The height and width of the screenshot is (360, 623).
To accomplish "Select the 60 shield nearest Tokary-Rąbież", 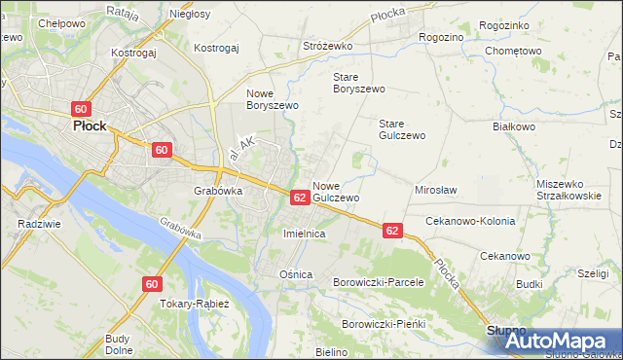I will [150, 284].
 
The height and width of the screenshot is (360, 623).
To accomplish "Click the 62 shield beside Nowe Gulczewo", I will [300, 198].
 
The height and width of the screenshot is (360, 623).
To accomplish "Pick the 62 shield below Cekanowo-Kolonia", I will [391, 231].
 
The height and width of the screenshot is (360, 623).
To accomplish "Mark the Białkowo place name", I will [515, 126].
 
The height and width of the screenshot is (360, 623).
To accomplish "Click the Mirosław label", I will [436, 191].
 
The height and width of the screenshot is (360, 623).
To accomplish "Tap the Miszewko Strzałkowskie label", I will [572, 190].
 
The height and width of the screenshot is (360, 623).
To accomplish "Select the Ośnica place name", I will [297, 274].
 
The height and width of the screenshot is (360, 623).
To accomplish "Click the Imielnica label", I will [303, 234].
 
